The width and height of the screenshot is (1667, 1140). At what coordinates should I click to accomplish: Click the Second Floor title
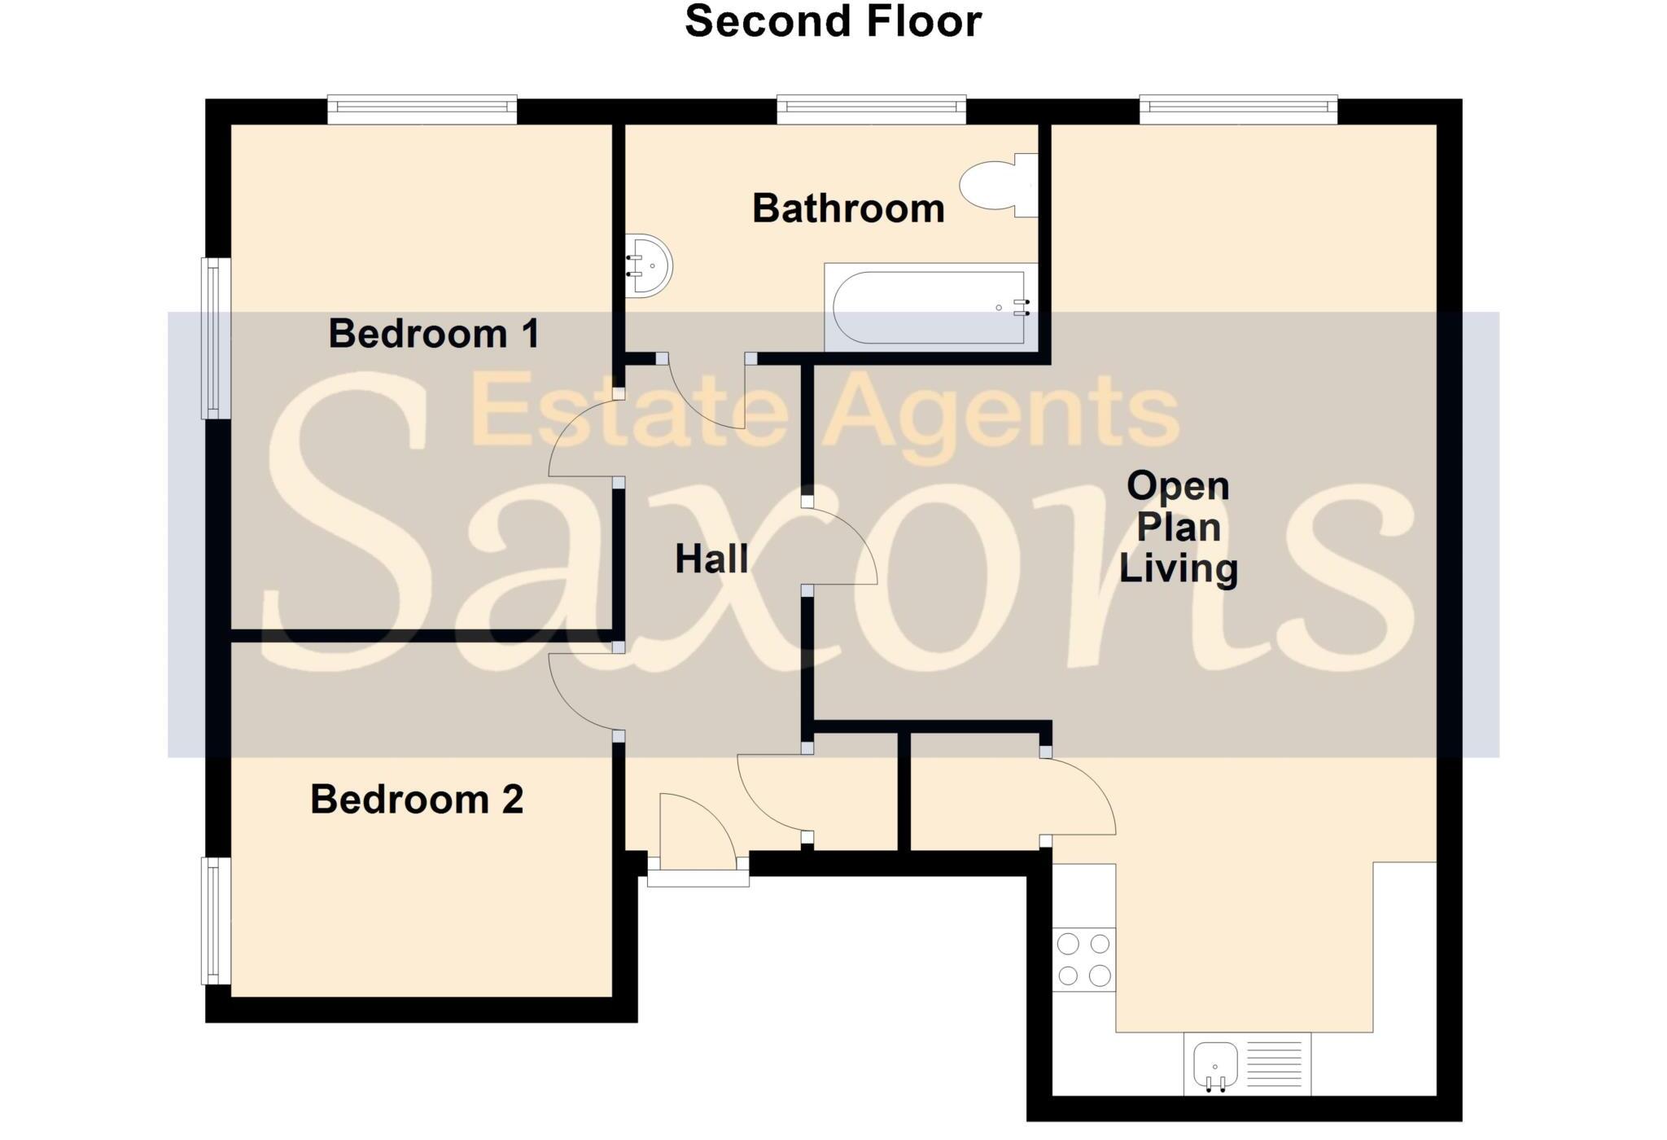(x=833, y=22)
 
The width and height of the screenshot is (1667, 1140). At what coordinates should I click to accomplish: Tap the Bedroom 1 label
(x=433, y=334)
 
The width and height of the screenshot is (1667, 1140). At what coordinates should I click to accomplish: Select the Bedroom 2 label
(x=416, y=800)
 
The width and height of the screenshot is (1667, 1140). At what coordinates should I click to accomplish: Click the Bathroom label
(x=848, y=209)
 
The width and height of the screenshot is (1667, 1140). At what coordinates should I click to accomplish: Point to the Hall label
(x=711, y=559)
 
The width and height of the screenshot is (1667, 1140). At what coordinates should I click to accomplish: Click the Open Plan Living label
(x=1178, y=527)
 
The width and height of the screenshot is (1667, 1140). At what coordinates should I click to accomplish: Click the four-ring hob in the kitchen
(x=1083, y=959)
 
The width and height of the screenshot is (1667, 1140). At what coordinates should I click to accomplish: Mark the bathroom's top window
(x=871, y=109)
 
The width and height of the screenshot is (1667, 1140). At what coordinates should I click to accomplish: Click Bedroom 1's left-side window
(x=216, y=338)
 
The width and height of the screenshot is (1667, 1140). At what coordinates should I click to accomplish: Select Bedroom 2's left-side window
(x=216, y=920)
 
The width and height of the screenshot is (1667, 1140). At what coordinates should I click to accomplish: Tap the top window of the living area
(x=1238, y=109)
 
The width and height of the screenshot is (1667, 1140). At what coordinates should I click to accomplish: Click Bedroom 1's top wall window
(x=422, y=109)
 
